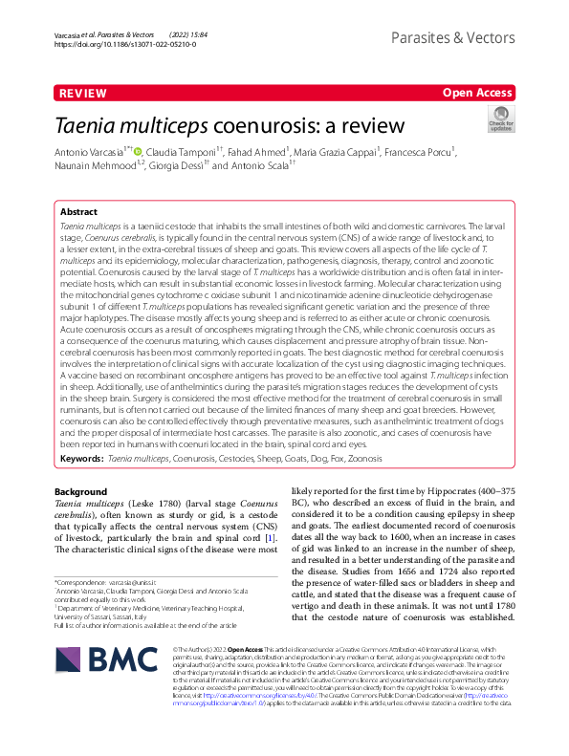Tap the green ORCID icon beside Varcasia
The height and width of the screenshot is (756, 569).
[x=138, y=151]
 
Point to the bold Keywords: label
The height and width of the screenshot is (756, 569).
[x=81, y=459]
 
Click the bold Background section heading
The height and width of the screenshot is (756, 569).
[x=80, y=491]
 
